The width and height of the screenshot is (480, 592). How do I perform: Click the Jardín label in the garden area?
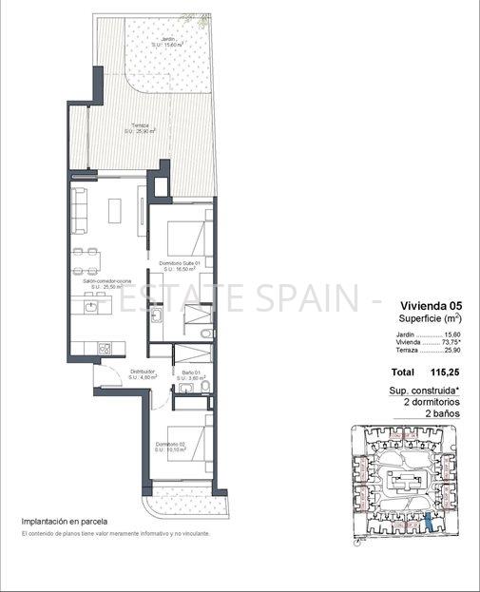click(x=167, y=40)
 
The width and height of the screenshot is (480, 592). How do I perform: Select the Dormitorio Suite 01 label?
click(x=181, y=263)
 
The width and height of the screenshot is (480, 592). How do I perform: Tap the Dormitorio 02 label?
click(x=172, y=445)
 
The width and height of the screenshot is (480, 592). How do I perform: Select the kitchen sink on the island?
click(x=90, y=306)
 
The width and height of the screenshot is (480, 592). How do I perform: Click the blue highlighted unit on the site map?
click(x=432, y=520)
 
